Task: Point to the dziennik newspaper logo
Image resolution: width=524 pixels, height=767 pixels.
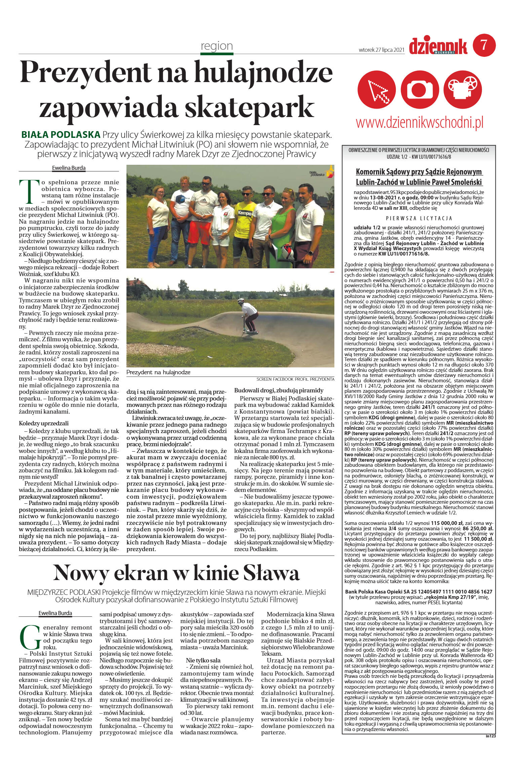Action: (438, 46)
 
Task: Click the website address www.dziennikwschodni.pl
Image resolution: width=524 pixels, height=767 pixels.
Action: (419, 123)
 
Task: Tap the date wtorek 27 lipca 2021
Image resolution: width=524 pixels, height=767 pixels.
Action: (381, 50)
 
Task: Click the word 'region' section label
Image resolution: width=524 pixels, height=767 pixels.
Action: (217, 46)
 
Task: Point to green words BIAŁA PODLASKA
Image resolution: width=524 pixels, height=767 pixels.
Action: (61, 135)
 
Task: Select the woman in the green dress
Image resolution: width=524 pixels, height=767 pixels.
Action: (283, 229)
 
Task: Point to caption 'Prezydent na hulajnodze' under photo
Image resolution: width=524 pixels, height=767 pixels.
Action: (158, 372)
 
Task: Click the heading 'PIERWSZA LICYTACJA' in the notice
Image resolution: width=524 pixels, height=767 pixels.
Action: (419, 218)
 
